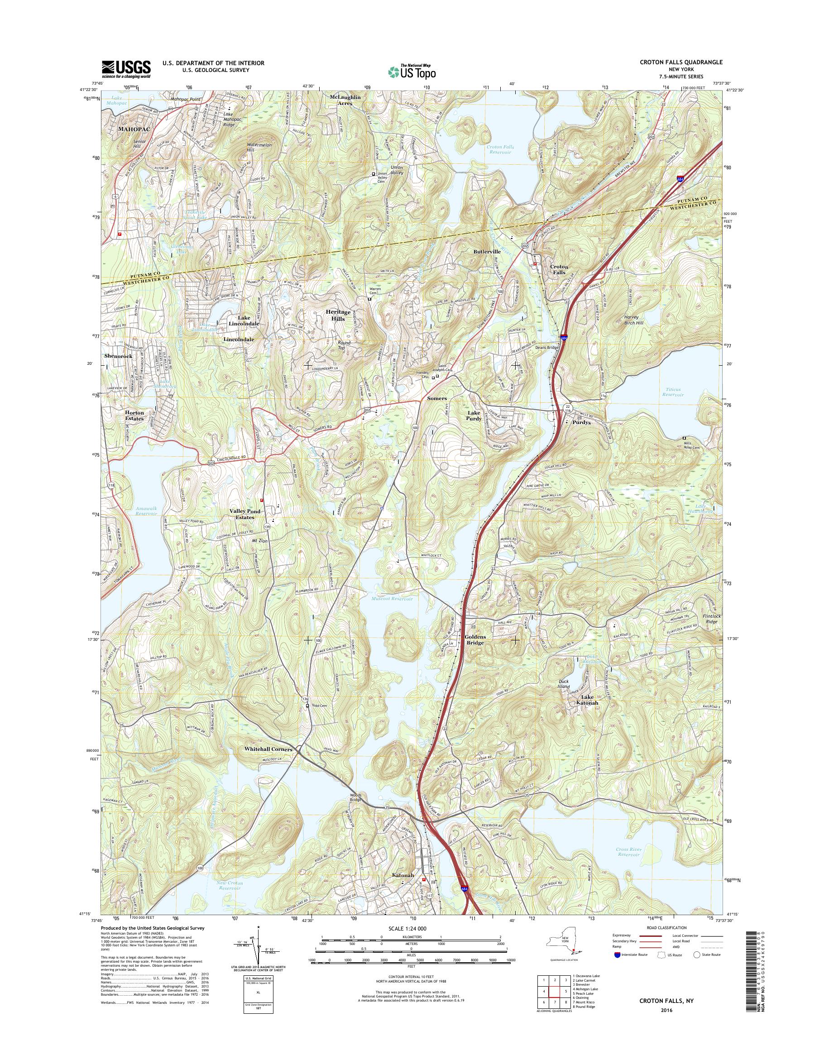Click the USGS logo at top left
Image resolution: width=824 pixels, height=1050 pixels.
126,69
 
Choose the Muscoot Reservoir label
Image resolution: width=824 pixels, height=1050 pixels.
392,599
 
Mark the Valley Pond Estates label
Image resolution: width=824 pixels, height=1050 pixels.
244,514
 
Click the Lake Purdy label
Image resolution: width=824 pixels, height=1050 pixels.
474,416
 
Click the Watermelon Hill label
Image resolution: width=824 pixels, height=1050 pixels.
244,147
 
